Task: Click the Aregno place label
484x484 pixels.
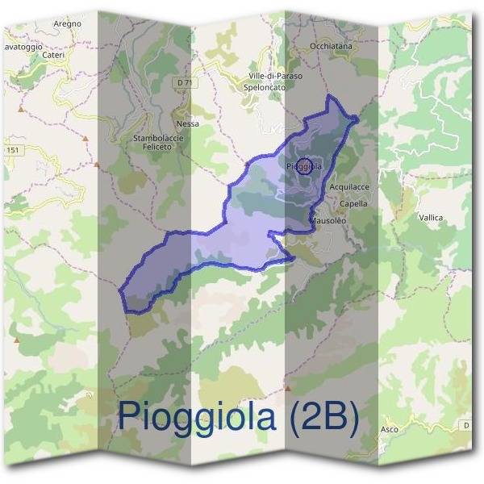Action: (68, 24)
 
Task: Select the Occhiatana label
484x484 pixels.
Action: (331, 47)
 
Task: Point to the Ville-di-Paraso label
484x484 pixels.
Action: (276, 76)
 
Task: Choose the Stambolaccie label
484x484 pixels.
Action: (158, 138)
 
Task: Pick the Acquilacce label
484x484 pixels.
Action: (349, 186)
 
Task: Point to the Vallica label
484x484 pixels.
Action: (431, 217)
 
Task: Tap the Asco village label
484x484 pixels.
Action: (389, 429)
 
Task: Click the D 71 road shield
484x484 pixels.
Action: (186, 82)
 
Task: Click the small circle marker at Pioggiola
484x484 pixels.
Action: (304, 167)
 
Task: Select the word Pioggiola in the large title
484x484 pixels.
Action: (199, 416)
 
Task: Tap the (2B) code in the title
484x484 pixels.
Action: (322, 416)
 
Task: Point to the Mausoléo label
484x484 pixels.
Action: (328, 220)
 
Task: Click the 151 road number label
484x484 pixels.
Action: (11, 150)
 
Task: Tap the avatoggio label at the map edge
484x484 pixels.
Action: (22, 47)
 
